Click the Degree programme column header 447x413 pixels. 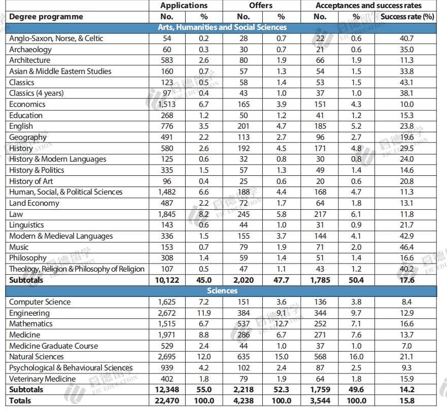[x=46, y=17]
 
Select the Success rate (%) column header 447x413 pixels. [x=407, y=17]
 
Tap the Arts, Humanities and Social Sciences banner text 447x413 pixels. [x=222, y=27]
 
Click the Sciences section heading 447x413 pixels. [x=222, y=291]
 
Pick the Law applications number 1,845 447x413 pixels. [x=167, y=214]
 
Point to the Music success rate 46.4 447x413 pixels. [x=407, y=247]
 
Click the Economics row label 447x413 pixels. [x=27, y=104]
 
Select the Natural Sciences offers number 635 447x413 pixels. [x=244, y=357]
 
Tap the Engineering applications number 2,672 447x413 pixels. [x=167, y=313]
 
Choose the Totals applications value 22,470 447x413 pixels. [x=167, y=401]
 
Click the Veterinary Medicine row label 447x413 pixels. [x=43, y=379]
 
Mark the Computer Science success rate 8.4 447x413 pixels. [x=407, y=302]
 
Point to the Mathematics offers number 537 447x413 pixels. [x=244, y=324]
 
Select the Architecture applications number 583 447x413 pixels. [x=167, y=60]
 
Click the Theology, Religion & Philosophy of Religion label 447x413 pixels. [x=77, y=269]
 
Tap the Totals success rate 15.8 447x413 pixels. [x=407, y=401]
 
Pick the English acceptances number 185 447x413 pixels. [x=320, y=126]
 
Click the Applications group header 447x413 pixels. [x=184, y=6]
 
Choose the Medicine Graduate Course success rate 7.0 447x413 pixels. [x=407, y=346]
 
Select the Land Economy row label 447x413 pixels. [x=34, y=203]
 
